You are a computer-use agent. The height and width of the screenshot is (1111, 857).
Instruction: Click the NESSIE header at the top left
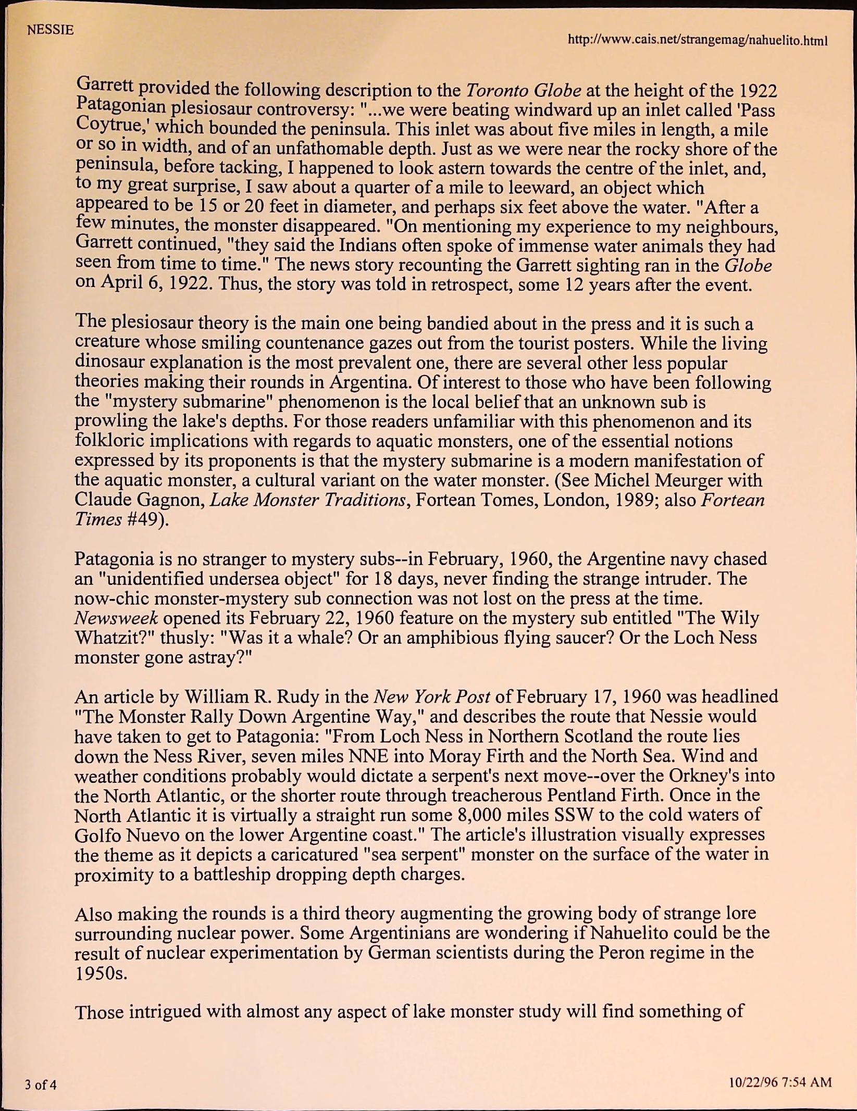51,30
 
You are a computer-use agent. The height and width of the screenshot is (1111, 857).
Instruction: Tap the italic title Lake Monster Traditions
308,500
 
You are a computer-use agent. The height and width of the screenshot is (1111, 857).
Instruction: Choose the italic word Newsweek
116,618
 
